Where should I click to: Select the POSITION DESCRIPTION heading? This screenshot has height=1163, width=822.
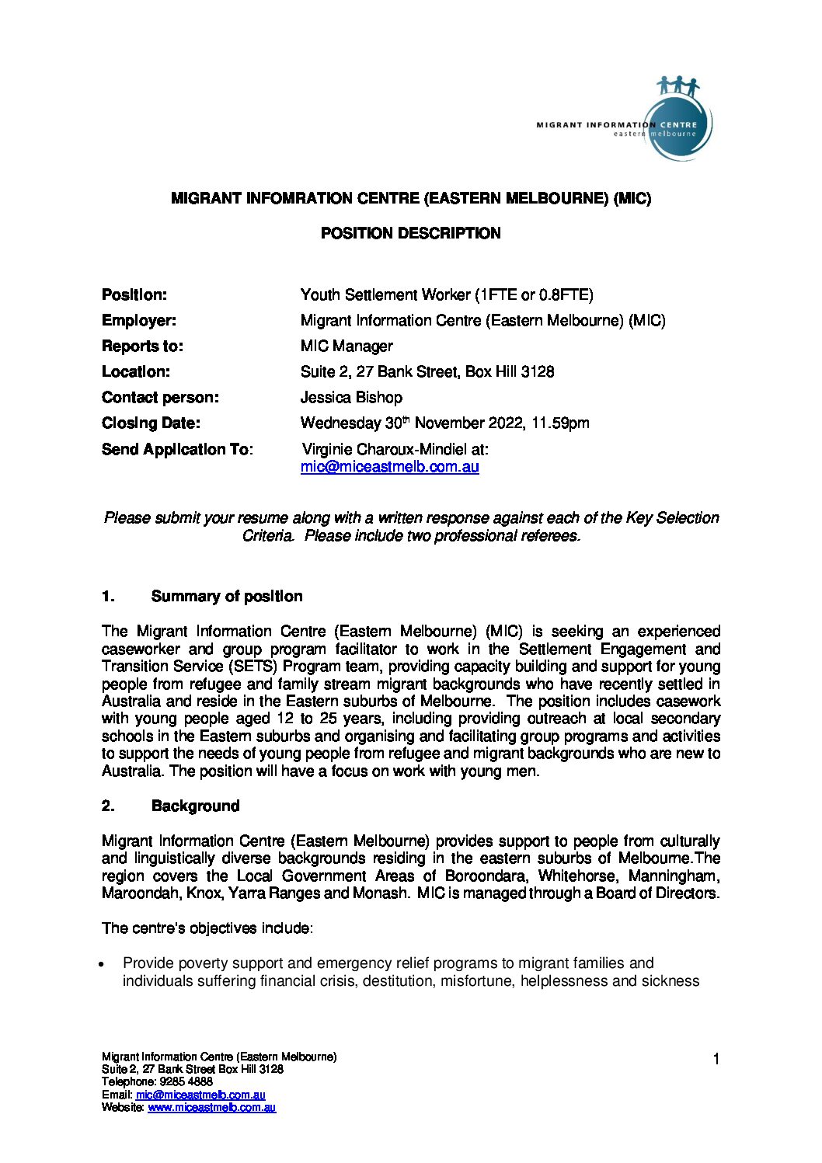click(410, 233)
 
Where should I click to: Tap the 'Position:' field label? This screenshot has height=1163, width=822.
click(134, 295)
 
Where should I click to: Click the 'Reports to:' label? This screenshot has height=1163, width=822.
click(142, 346)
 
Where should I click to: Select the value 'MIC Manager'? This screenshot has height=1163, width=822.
click(347, 346)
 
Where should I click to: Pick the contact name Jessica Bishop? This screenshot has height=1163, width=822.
click(351, 398)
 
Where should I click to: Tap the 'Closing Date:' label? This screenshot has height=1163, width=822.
click(151, 423)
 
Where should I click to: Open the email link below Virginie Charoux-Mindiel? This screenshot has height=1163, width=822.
click(389, 467)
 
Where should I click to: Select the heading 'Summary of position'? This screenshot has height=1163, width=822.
click(227, 597)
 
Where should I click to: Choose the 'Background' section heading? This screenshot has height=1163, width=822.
click(195, 806)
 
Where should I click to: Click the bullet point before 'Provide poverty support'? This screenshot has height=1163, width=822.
click(102, 964)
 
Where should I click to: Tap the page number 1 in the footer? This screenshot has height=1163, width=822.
click(716, 1059)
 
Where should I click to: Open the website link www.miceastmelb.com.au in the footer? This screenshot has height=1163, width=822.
click(211, 1108)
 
